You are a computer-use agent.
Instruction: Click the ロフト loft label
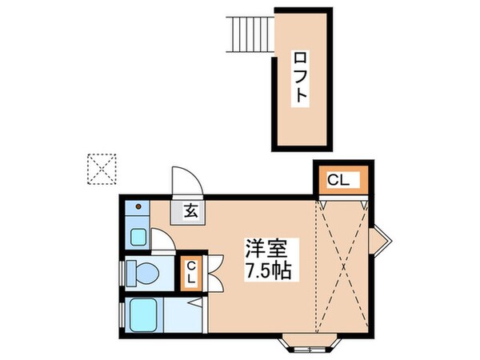click(301, 79)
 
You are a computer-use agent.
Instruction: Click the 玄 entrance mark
click(192, 211)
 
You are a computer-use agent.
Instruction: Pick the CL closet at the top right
click(338, 181)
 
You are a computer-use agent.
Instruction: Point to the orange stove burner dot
click(138, 207)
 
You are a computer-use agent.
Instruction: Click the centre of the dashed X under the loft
click(342, 268)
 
